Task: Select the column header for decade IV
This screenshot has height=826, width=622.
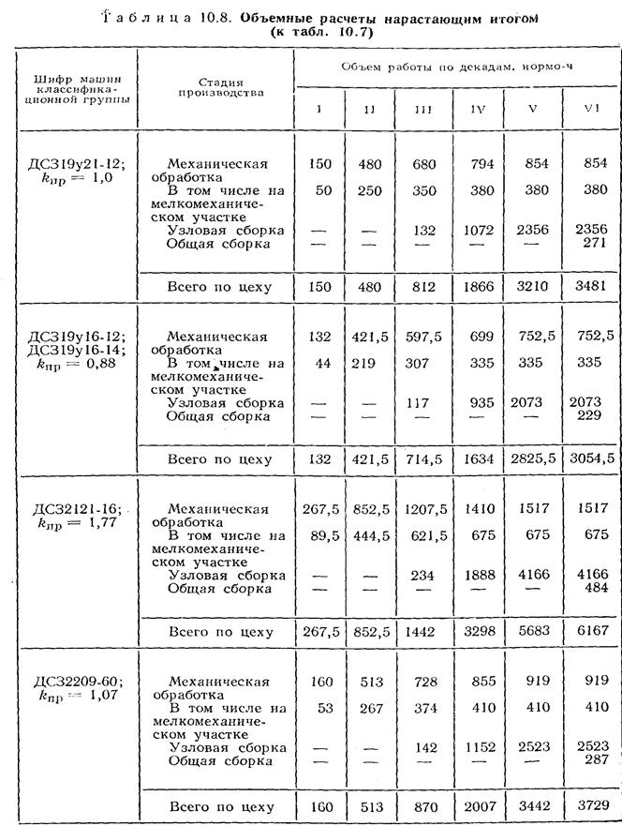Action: click(x=478, y=108)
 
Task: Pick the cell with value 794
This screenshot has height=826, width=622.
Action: click(x=478, y=163)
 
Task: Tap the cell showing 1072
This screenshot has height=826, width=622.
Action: click(x=478, y=231)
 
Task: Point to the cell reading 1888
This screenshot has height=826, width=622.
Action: click(x=478, y=575)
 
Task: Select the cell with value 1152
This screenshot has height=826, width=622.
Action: click(x=478, y=748)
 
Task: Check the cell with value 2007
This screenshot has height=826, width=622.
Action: click(x=478, y=805)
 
